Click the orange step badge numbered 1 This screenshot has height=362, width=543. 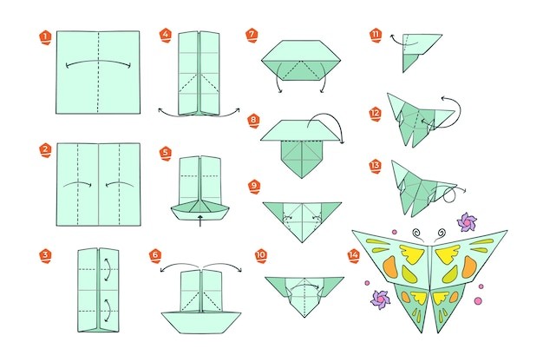(45, 37)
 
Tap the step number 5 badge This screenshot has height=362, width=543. (166, 154)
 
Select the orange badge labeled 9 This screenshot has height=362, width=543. (254, 187)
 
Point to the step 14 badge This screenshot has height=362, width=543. (354, 256)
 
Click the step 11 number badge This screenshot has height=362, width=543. (376, 35)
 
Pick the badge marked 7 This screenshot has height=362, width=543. (252, 36)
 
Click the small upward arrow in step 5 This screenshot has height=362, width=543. (200, 220)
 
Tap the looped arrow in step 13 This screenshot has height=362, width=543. (451, 193)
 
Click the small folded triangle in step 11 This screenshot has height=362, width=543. (410, 63)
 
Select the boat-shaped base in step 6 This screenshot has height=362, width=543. (201, 322)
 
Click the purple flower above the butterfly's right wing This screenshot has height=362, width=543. (467, 222)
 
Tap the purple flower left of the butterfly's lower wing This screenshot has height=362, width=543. (380, 300)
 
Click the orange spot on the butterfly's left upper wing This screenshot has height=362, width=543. (390, 267)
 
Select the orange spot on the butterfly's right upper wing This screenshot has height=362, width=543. (469, 267)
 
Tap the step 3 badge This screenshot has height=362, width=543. (45, 256)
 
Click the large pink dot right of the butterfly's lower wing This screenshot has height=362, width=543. (478, 300)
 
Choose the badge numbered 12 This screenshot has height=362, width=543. (376, 114)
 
